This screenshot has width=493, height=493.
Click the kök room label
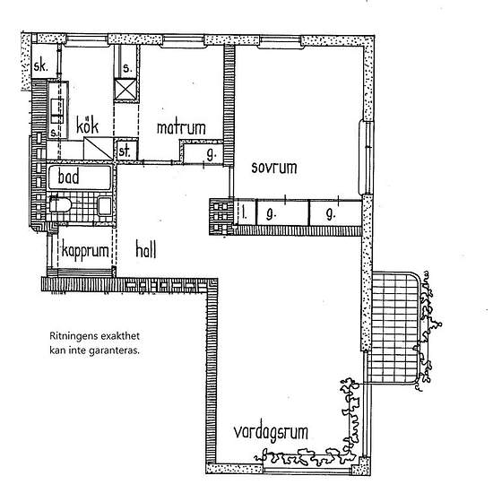(x=86, y=126)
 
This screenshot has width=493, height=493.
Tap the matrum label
(x=181, y=128)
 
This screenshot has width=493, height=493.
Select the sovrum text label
(x=273, y=168)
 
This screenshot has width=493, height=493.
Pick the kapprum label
(x=86, y=251)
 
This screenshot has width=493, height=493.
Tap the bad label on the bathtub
(x=69, y=177)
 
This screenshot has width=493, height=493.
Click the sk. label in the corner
(x=41, y=67)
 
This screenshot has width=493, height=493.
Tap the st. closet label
(x=125, y=151)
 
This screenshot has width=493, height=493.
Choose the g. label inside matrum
(x=210, y=153)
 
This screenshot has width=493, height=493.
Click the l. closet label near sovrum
(x=245, y=212)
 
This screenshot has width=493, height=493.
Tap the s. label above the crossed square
(x=126, y=68)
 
